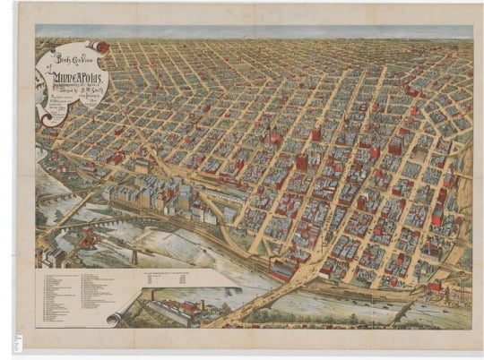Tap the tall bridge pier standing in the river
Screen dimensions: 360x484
tap(135, 256)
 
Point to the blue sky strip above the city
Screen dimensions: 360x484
tap(269, 32)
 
